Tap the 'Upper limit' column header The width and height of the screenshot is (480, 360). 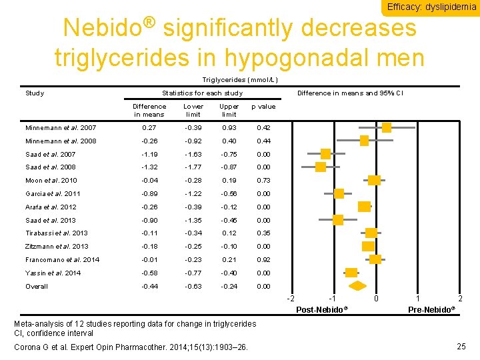pos(229,110)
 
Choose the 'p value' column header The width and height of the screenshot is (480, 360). pos(263,107)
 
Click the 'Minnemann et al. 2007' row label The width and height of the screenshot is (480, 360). pos(61,127)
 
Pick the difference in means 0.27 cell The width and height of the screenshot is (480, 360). pos(149,127)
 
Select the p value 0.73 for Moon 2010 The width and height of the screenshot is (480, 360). pos(263,181)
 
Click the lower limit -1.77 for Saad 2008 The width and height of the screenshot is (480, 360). pos(193,167)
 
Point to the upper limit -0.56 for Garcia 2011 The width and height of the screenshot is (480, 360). pos(229,193)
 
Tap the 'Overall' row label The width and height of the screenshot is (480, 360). pos(37,286)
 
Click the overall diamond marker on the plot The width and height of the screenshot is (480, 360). pos(358,286)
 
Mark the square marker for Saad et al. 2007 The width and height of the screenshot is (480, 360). pos(325,154)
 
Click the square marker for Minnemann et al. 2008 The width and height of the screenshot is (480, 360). pos(364,141)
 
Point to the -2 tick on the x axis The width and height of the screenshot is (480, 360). pos(290,299)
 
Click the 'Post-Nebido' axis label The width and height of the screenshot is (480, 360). pos(322,310)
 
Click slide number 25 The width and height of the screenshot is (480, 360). pos(461,346)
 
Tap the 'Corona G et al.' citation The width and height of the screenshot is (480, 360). pos(131,347)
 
